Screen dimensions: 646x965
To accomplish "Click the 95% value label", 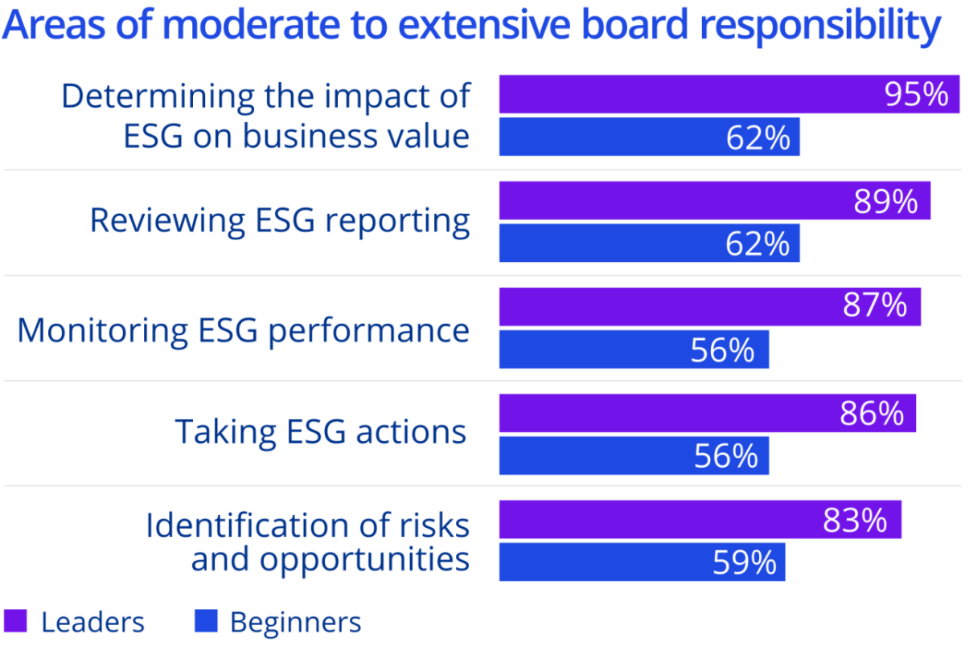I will [x=916, y=95].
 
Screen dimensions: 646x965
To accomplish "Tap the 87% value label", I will [x=875, y=306].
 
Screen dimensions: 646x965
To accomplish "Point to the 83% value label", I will [x=855, y=521].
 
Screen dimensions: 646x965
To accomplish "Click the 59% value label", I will [x=745, y=562].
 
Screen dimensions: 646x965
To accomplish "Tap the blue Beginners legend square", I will [x=206, y=621].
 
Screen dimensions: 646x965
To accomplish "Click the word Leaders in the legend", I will [x=92, y=622].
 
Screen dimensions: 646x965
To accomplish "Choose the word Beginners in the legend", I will [x=296, y=623].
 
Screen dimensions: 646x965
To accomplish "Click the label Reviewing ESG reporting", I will [x=280, y=220].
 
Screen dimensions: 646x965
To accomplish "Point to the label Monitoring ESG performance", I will [x=243, y=330].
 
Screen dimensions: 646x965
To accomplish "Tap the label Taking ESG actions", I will [x=321, y=431].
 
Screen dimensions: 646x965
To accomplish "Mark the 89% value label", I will [x=885, y=201].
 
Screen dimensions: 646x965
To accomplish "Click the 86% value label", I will [x=872, y=413].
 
